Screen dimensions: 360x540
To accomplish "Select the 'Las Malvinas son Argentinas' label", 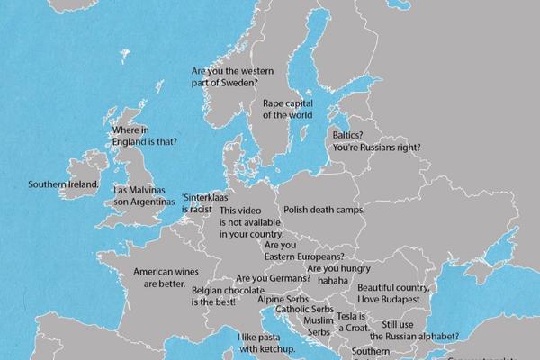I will coord(142,197).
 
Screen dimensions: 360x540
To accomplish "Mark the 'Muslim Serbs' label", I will coord(319,326).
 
